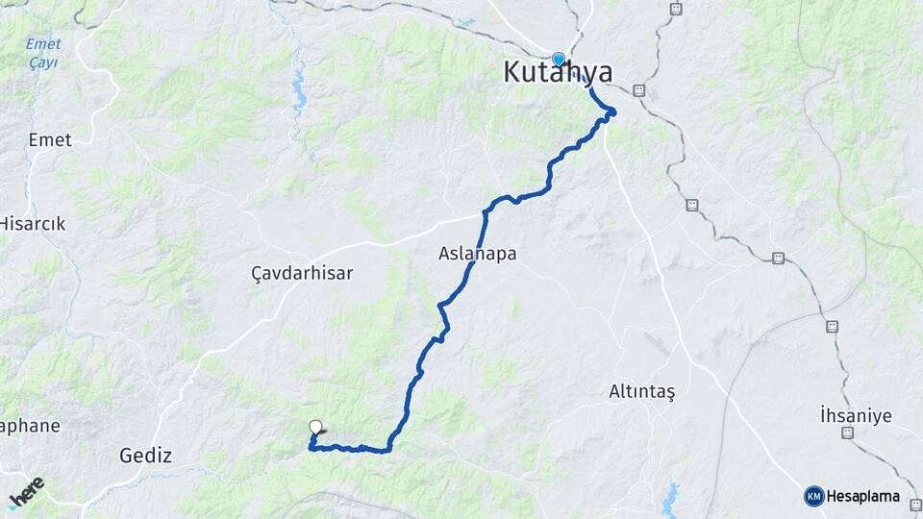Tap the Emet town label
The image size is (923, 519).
tap(50, 140)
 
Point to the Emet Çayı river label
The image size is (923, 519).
tap(42, 53)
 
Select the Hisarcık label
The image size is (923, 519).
tap(32, 224)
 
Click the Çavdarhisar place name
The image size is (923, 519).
tap(302, 273)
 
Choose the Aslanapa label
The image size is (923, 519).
tap(477, 255)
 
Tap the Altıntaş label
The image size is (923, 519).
tap(642, 391)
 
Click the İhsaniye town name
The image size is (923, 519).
tap(856, 416)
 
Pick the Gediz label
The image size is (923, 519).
tap(145, 456)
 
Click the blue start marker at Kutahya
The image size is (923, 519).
tap(559, 59)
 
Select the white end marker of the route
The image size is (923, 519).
tap(315, 428)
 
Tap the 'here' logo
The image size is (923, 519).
tap(26, 492)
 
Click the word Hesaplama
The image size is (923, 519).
tap(863, 496)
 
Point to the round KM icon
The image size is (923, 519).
tap(813, 496)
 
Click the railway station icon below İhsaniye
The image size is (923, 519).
tap(848, 433)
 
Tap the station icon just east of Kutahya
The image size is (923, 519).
tap(638, 91)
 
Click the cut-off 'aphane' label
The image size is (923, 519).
tap(29, 426)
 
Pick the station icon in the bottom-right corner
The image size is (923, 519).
tap(915, 504)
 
